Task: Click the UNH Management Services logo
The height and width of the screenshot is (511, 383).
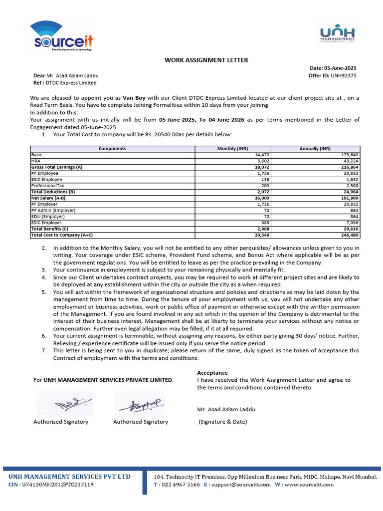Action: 337,33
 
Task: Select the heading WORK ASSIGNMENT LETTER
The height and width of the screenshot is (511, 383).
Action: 206,60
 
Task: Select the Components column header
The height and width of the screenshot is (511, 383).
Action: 112,149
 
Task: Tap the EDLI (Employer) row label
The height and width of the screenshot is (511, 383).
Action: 48,216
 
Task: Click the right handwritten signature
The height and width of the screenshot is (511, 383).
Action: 139,404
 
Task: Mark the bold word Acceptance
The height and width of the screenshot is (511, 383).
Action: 212,373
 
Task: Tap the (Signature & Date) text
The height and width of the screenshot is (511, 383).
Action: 223,422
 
